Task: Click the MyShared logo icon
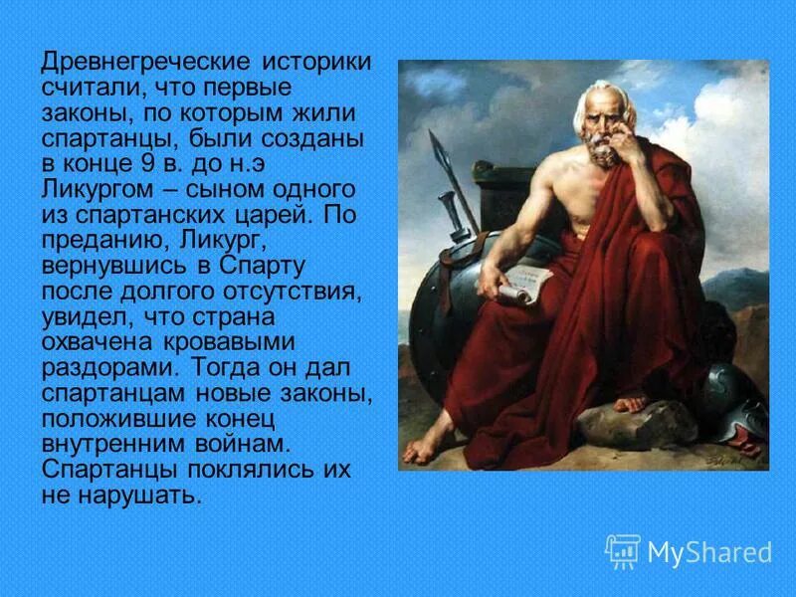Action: (x=623, y=551)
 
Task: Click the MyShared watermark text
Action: (x=709, y=553)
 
